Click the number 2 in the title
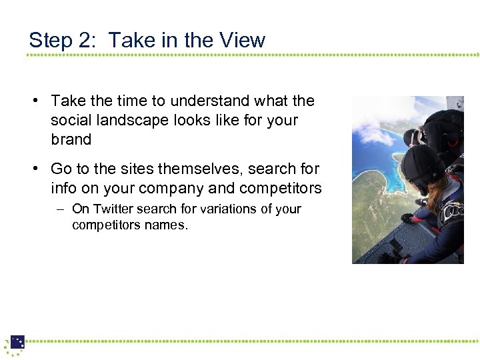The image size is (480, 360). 87,40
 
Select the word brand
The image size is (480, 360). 71,140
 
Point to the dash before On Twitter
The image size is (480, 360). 60,209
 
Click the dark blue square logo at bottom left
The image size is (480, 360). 17,342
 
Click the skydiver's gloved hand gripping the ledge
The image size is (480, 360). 407,218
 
